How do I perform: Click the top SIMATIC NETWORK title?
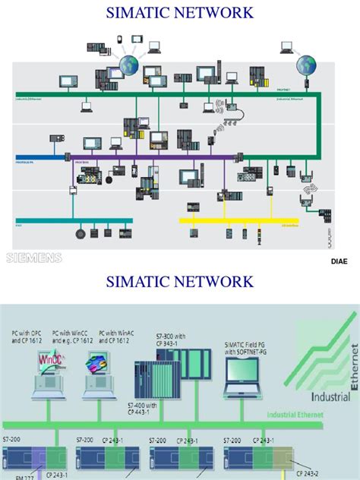[180, 13]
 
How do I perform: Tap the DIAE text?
[339, 261]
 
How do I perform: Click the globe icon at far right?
[306, 63]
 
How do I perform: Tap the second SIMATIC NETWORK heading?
[180, 283]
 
